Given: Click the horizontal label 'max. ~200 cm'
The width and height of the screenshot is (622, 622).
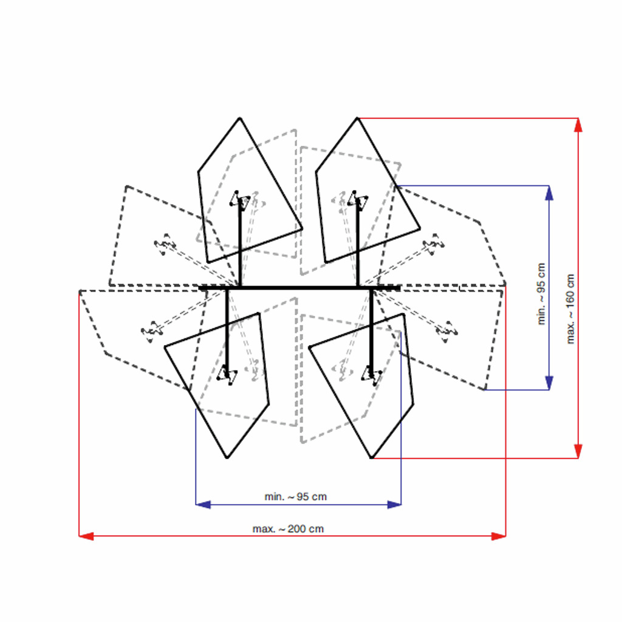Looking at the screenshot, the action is pos(288,529).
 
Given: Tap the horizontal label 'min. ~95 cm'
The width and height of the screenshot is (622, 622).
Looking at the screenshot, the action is pos(296,497).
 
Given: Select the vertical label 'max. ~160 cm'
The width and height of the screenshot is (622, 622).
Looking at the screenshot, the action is pos(570,309).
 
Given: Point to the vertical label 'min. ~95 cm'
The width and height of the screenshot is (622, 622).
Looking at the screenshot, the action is pos(541,294).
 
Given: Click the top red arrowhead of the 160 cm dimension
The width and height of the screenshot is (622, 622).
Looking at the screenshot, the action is pos(578,125).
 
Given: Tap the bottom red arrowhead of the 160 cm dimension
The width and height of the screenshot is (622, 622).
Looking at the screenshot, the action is pos(578,451).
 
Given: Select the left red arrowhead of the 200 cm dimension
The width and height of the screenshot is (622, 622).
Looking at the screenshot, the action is pos(86,536).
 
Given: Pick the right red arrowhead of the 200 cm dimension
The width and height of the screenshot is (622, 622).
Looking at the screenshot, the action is pos(499,536).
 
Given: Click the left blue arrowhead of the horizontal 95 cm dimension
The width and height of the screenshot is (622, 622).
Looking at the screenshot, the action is pos(203,505).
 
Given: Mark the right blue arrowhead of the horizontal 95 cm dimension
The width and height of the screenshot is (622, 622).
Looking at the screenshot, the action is pos(394,505).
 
